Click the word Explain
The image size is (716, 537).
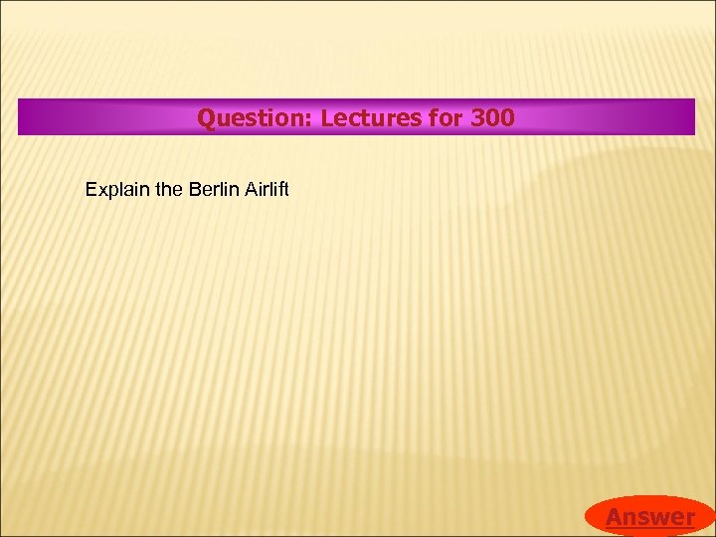point(111,189)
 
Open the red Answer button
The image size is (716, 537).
point(650,516)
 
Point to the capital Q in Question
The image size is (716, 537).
point(206,118)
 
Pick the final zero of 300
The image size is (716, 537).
point(507,118)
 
